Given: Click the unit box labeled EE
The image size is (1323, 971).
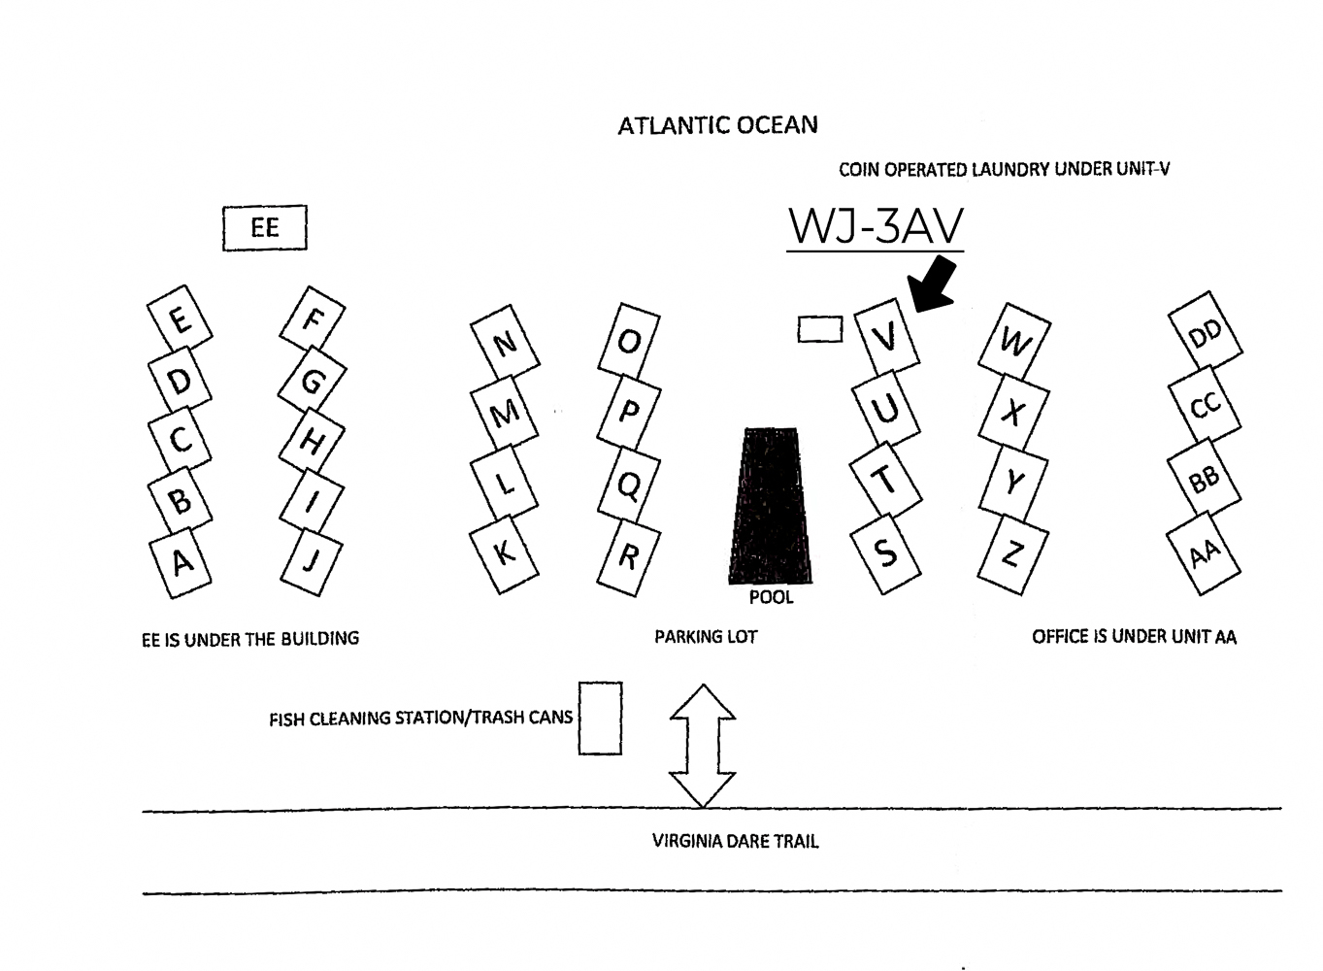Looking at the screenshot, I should tap(264, 227).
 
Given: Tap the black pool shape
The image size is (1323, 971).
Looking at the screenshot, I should tap(771, 506).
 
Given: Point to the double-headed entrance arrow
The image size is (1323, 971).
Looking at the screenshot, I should tap(702, 745).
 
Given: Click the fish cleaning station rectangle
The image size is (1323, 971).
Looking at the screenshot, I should tap(600, 719).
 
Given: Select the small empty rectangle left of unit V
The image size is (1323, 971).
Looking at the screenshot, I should tap(820, 329).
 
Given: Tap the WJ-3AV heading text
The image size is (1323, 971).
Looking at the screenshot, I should tap(876, 226).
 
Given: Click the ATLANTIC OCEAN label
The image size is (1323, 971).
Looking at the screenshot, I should tap(717, 125).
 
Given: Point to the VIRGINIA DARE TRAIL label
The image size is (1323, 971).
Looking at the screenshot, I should tap(735, 841).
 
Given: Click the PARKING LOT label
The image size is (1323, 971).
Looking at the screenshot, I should tap(706, 637).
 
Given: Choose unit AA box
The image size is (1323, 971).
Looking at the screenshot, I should tap(1204, 554).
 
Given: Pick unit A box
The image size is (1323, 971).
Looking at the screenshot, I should tap(181, 562).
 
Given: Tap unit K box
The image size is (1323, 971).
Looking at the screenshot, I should tap(504, 553).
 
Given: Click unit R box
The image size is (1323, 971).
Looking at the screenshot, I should tap(628, 557).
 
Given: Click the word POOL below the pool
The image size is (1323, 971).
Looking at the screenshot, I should tap(771, 597).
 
